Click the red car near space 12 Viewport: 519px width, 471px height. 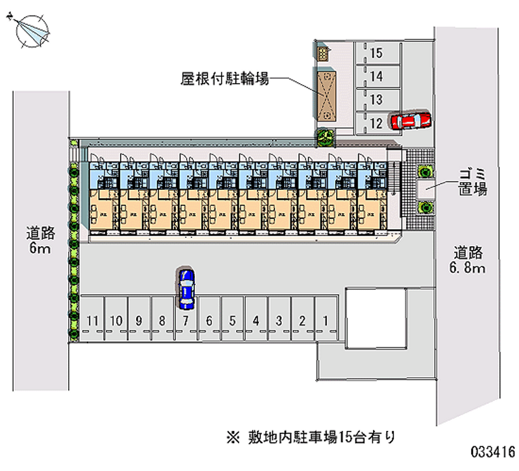tap(410, 121)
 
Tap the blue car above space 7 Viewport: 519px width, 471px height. tap(186, 287)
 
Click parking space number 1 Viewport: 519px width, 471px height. tap(326, 320)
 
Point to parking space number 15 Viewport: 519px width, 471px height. tap(376, 54)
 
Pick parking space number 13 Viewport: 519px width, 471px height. tap(376, 99)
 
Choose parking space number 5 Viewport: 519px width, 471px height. tap(232, 320)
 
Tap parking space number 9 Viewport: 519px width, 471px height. tap(139, 320)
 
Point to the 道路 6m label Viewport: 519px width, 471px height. tap(40, 240)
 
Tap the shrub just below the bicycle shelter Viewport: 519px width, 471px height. tap(325, 137)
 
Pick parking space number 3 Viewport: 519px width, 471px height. tap(279, 320)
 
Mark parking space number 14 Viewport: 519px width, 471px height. tap(376, 76)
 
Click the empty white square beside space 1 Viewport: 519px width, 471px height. tap(376, 317)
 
